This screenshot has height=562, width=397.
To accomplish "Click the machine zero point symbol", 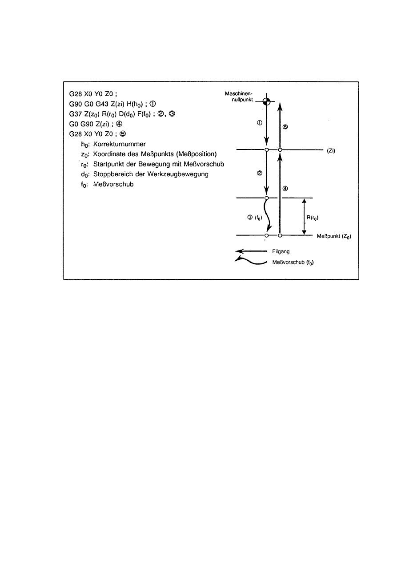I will pyautogui.click(x=266, y=101).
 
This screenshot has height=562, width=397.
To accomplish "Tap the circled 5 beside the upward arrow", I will pyautogui.click(x=286, y=127).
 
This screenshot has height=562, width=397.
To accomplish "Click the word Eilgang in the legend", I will pyautogui.click(x=280, y=251).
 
